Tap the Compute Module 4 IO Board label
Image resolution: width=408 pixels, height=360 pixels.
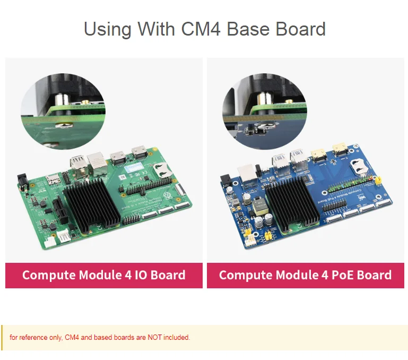104,275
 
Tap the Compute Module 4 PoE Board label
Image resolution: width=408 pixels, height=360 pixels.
305,275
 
